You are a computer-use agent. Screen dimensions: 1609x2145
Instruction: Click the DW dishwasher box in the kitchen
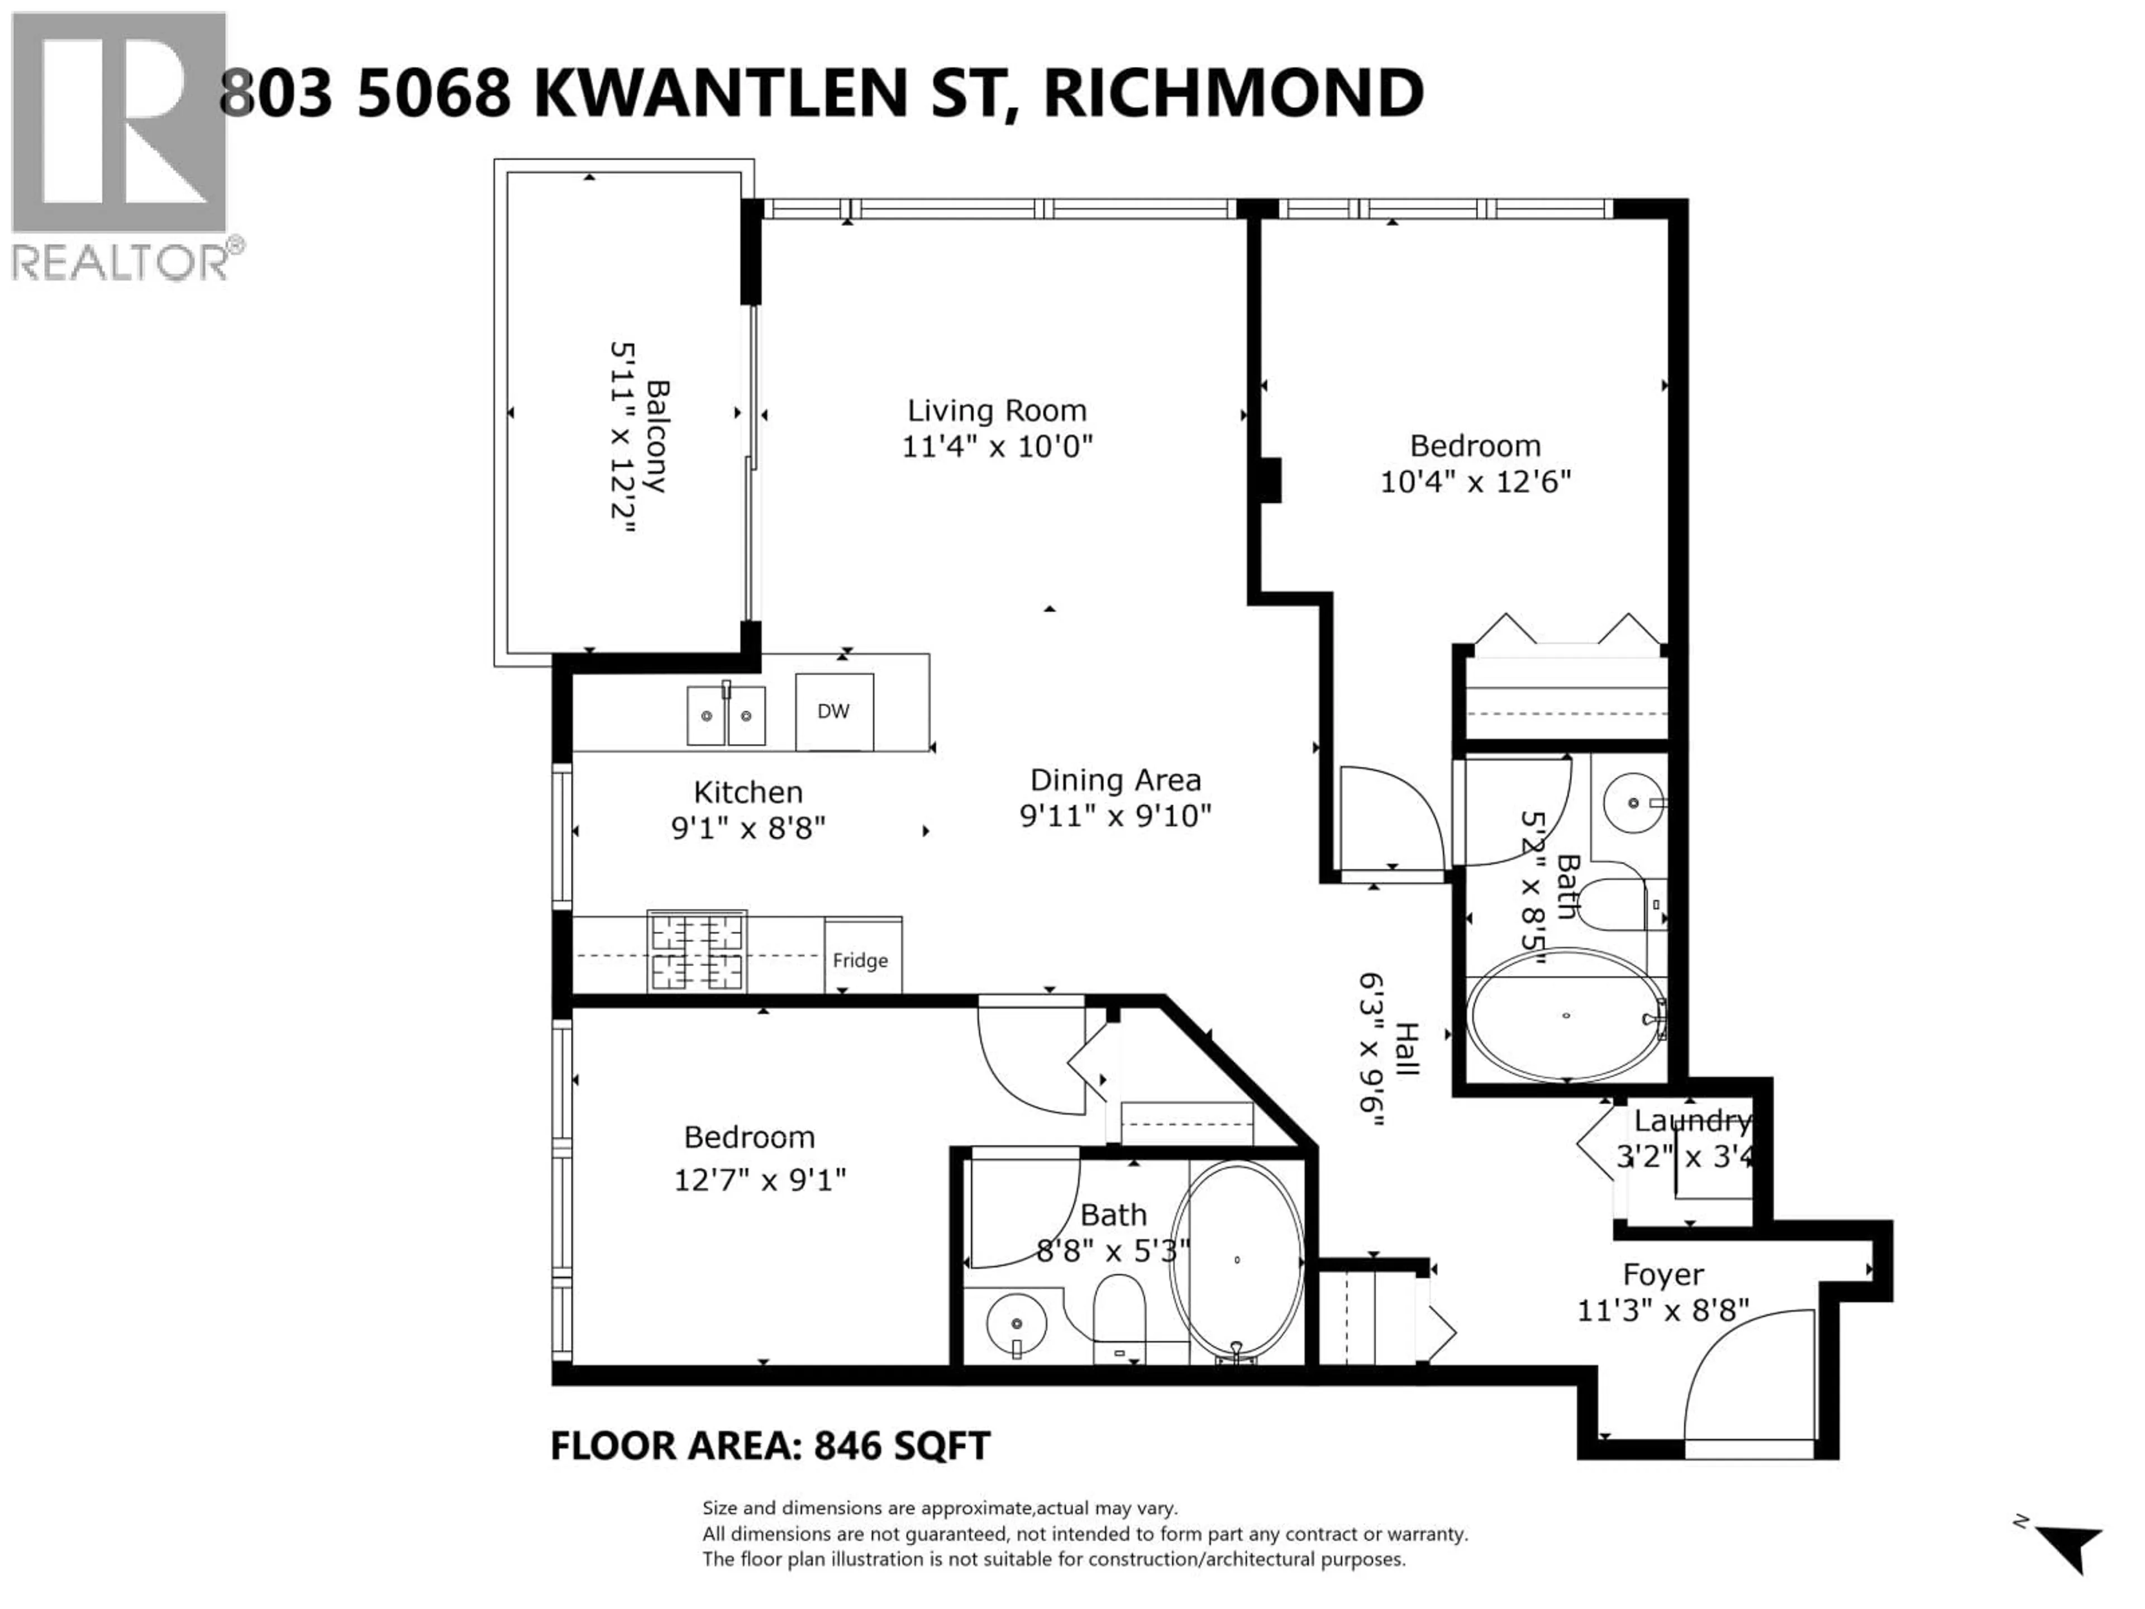(x=834, y=712)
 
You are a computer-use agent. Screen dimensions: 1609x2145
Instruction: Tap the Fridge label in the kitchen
(x=860, y=960)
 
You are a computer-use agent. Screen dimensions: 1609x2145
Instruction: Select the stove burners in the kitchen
(x=696, y=951)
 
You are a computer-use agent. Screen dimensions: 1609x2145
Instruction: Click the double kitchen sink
(x=726, y=716)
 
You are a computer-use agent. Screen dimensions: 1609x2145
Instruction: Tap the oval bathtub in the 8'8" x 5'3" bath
(x=1236, y=1260)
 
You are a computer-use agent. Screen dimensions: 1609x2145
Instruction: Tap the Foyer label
(x=1663, y=1274)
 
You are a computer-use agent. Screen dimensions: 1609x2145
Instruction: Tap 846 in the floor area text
(x=847, y=1446)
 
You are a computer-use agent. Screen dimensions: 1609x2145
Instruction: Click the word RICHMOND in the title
(x=1233, y=94)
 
